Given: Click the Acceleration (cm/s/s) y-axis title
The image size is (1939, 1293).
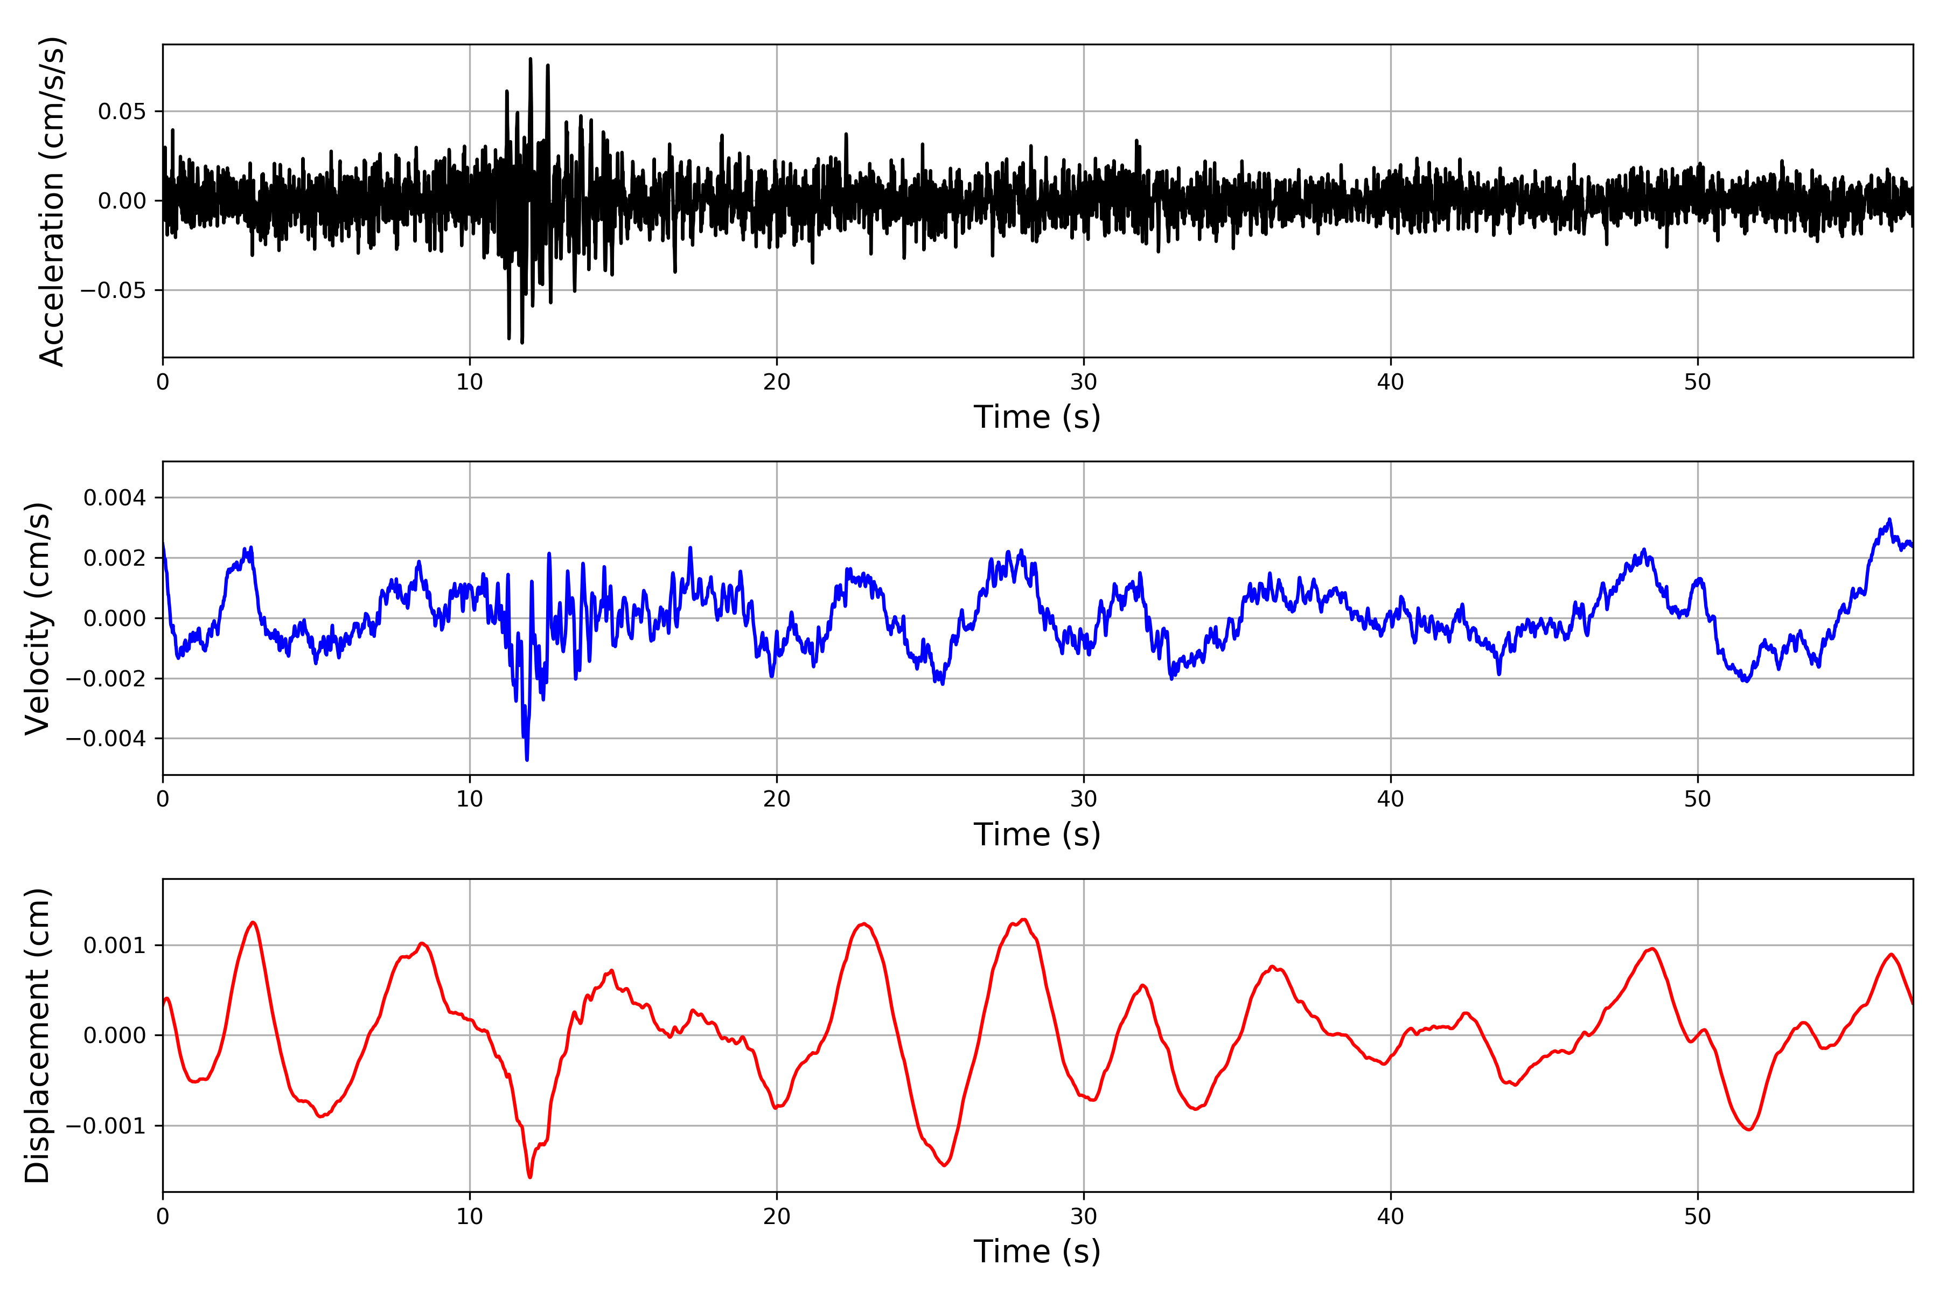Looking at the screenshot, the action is (x=52, y=201).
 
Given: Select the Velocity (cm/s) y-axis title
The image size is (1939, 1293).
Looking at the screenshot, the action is (x=38, y=618).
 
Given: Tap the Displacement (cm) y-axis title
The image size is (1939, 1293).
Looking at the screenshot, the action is (x=38, y=1035).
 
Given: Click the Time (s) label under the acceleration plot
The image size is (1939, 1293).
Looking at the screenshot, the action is (x=1037, y=417).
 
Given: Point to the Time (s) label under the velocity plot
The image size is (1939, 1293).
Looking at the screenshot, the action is (x=1037, y=835).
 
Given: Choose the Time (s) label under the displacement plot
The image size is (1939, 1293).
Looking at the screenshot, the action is (x=1037, y=1252).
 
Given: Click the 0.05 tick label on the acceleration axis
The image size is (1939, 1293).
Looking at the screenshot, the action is (x=122, y=112).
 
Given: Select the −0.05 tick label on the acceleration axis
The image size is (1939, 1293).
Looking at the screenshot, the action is (x=113, y=290).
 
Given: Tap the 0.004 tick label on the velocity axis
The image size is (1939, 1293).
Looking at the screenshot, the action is (x=115, y=498).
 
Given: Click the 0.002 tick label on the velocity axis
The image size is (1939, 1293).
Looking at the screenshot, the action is (x=115, y=558).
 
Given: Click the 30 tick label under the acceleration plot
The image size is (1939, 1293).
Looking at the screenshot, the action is (x=1084, y=383).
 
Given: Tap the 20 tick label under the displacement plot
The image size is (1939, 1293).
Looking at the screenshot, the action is (x=777, y=1217).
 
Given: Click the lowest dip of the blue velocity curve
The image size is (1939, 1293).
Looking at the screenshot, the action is (x=527, y=760).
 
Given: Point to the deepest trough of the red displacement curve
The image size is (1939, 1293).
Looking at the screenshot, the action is (x=530, y=1177).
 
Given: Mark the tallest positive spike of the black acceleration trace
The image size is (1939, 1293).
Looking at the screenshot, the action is (x=530, y=59).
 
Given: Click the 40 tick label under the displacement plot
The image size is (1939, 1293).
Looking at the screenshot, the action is (x=1391, y=1217).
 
